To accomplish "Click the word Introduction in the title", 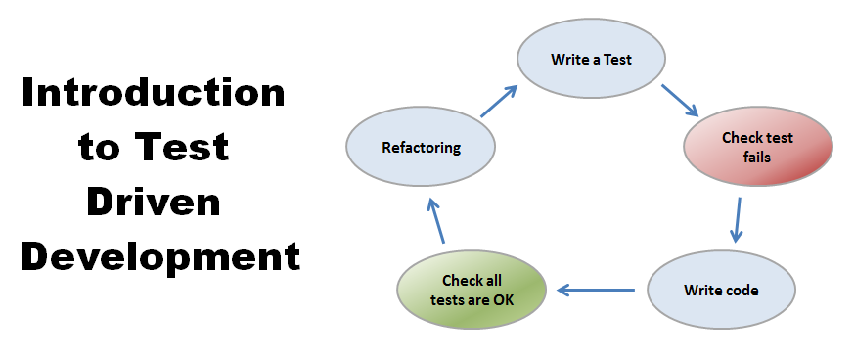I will (154, 94).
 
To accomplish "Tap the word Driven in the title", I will (154, 202).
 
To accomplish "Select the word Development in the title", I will (160, 257).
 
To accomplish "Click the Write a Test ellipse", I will (590, 59).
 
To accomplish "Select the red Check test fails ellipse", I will (758, 147).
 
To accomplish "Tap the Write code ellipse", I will (721, 291).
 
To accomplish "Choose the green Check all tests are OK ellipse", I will (472, 290).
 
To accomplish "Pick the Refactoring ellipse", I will (421, 148).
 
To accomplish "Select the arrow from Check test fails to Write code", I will (737, 219).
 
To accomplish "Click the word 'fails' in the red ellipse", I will (758, 156).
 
